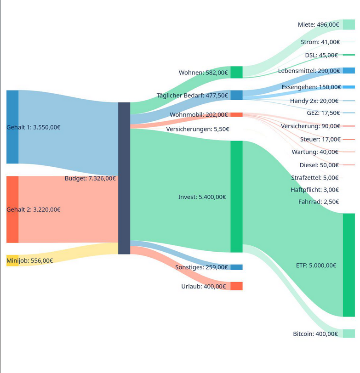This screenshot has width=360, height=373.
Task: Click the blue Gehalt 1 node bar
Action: (12, 127)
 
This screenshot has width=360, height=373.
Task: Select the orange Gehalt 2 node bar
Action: (12, 209)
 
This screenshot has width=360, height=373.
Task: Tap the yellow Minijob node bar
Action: (12, 260)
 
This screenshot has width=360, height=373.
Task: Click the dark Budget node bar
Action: (124, 178)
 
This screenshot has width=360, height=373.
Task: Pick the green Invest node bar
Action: (236, 197)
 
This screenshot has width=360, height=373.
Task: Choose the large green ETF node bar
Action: (349, 265)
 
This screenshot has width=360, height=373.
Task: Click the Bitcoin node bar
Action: (349, 333)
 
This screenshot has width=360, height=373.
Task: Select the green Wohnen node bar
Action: (236, 72)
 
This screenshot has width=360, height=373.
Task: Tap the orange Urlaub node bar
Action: (236, 286)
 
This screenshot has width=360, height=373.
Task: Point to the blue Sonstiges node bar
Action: (236, 267)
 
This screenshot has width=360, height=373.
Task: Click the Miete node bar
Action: (349, 24)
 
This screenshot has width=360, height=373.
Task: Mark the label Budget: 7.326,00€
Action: (90, 178)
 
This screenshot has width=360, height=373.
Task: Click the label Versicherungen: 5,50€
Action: (198, 129)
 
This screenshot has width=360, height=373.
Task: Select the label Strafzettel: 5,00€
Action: (314, 178)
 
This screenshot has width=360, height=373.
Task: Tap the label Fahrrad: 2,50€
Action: (319, 202)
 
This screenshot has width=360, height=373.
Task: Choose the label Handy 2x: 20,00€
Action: (314, 101)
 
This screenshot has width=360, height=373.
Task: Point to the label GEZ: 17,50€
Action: (323, 113)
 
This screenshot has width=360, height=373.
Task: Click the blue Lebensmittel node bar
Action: (349, 70)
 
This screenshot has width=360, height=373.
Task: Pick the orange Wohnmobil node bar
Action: (236, 114)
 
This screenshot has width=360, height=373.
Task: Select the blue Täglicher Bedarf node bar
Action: (236, 95)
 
